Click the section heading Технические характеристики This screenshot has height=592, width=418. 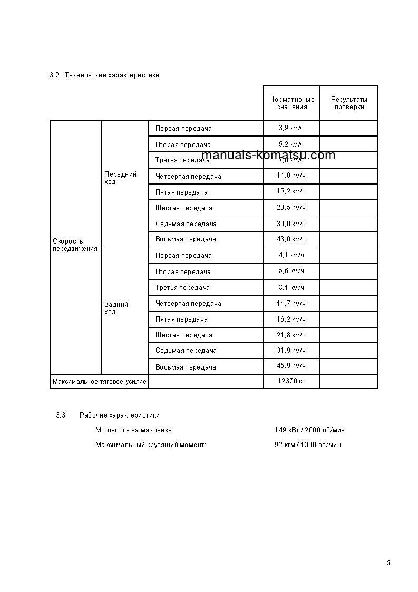pyautogui.click(x=112, y=75)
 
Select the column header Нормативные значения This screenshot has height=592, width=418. pyautogui.click(x=291, y=103)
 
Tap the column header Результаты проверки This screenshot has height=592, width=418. pyautogui.click(x=349, y=103)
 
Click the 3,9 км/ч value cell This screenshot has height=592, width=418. pyautogui.click(x=291, y=128)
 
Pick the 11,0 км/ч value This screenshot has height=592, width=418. pyautogui.click(x=291, y=176)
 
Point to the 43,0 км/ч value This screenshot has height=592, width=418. pyautogui.click(x=291, y=239)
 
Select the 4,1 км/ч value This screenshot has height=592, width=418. pyautogui.click(x=291, y=255)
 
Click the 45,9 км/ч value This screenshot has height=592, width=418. pyautogui.click(x=291, y=366)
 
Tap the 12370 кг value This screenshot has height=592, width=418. pyautogui.click(x=291, y=381)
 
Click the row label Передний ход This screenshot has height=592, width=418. pyautogui.click(x=120, y=178)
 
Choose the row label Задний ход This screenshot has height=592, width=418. pyautogui.click(x=116, y=308)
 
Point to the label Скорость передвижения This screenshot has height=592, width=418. pyautogui.click(x=75, y=245)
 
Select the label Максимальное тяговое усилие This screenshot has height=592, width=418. pyautogui.click(x=99, y=381)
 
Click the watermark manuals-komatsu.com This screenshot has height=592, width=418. pyautogui.click(x=268, y=155)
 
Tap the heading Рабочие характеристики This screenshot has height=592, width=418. pyautogui.click(x=120, y=415)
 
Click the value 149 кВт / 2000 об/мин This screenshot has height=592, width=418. pyautogui.click(x=309, y=430)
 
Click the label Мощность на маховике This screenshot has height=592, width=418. pyautogui.click(x=134, y=430)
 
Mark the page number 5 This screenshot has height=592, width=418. pyautogui.click(x=388, y=563)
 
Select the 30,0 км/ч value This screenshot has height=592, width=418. pyautogui.click(x=291, y=224)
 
